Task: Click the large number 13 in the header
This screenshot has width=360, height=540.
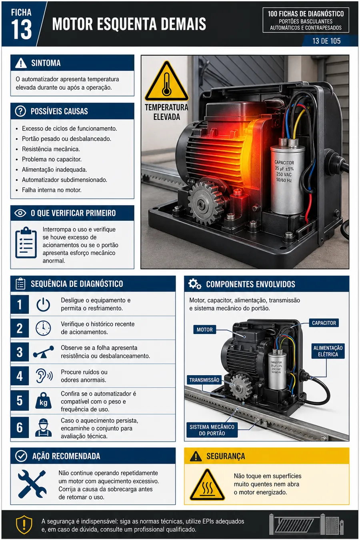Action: point(22,30)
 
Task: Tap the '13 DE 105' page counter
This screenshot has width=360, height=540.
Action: point(326,41)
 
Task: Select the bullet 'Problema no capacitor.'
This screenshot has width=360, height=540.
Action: point(52,159)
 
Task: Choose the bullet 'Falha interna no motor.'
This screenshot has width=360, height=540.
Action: point(52,190)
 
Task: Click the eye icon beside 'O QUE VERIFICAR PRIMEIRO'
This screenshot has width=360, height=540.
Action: point(20,213)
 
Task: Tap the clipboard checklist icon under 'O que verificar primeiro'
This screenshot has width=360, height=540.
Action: point(26,242)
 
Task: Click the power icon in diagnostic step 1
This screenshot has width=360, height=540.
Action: point(44,305)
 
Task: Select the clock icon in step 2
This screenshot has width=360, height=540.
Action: point(44,328)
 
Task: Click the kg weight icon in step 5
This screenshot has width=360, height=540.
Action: point(44,400)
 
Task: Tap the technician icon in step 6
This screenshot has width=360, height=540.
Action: point(44,428)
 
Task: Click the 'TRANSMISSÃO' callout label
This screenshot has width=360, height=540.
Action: point(204,380)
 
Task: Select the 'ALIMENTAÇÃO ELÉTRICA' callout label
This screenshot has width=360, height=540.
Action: point(328,351)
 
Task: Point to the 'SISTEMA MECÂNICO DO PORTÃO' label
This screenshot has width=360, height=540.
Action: point(212,430)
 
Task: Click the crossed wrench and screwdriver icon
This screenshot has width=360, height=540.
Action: point(32,484)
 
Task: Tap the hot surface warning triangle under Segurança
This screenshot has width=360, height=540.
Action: point(207,484)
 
